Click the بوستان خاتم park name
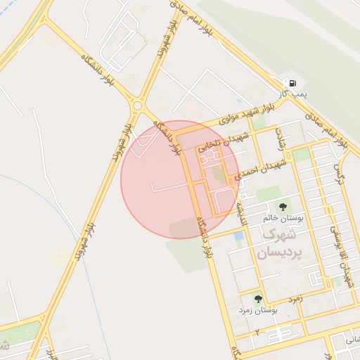[285, 219]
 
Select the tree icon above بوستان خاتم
[283, 206]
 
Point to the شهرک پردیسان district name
[266, 243]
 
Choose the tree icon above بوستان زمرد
[257, 297]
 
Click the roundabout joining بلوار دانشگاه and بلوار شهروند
[137, 105]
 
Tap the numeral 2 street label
[257, 330]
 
